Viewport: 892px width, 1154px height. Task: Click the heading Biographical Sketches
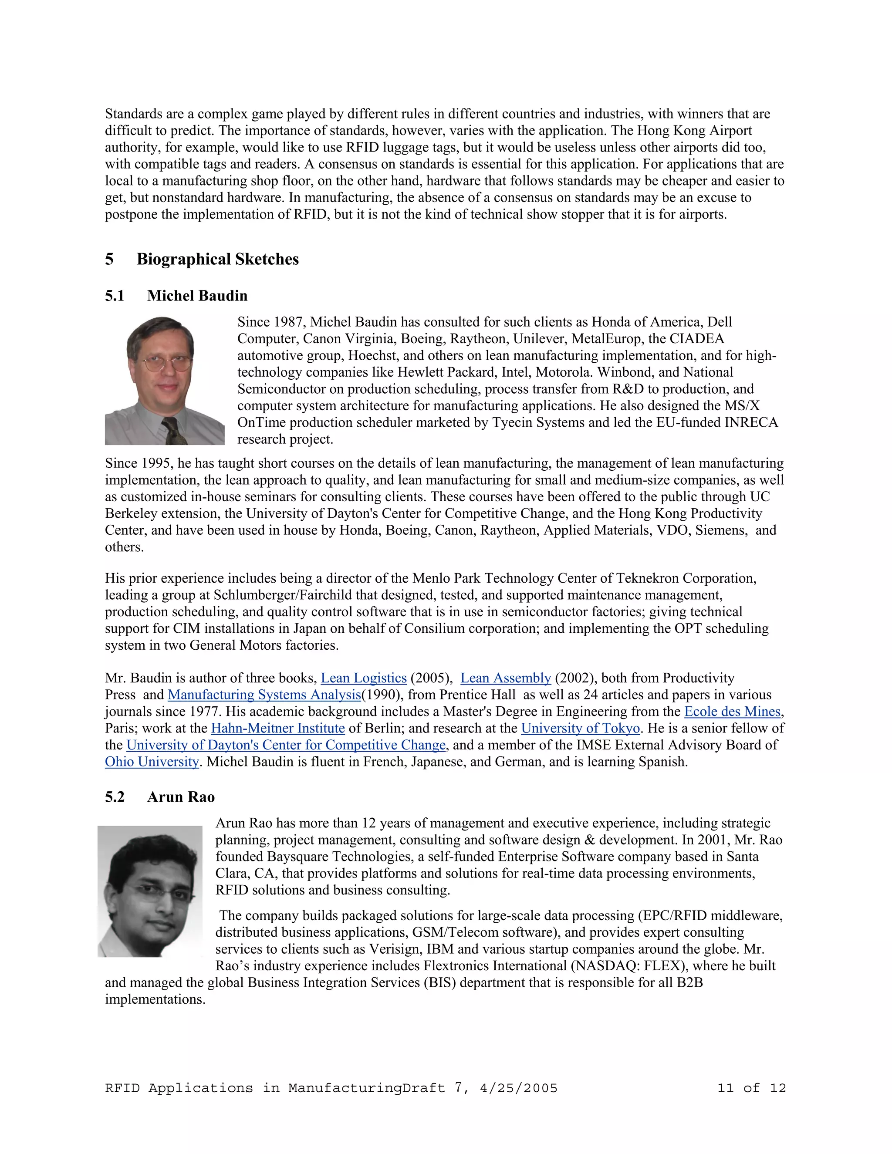[217, 259]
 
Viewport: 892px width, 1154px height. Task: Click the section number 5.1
[114, 295]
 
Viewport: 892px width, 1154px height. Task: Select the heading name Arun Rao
[181, 797]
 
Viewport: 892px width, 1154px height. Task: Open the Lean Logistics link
[364, 678]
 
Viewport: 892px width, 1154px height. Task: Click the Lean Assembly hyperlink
[505, 678]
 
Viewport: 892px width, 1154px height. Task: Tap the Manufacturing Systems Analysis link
[264, 695]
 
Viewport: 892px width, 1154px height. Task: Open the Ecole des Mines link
[732, 712]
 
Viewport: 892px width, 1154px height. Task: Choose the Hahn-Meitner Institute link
[277, 728]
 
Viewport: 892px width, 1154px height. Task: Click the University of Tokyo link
[580, 728]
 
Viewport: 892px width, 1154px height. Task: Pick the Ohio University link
[152, 762]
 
